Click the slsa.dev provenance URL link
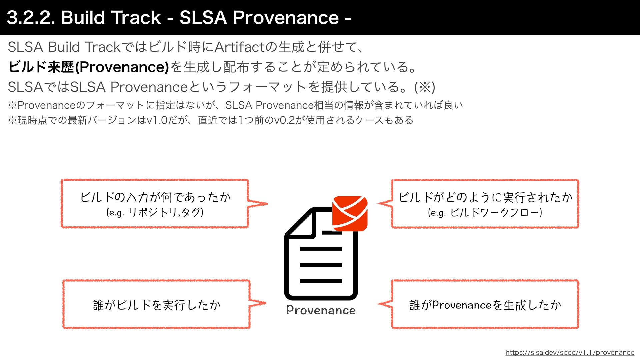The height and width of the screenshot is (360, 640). point(570,352)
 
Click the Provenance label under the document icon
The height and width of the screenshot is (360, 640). point(321,310)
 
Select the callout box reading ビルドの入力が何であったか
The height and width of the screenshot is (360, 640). point(155,203)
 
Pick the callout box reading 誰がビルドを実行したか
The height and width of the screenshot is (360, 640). point(156,304)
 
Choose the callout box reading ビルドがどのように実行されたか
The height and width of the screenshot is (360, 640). point(485,203)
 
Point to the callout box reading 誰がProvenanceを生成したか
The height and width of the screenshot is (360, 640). point(485,304)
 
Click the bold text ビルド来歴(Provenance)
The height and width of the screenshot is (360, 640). point(88,67)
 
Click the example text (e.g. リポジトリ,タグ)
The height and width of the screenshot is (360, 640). point(155,212)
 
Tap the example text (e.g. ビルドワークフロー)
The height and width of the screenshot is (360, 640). point(485,212)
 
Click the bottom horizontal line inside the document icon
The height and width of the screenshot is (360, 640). point(321,281)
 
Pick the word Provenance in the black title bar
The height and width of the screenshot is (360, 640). point(286,17)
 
